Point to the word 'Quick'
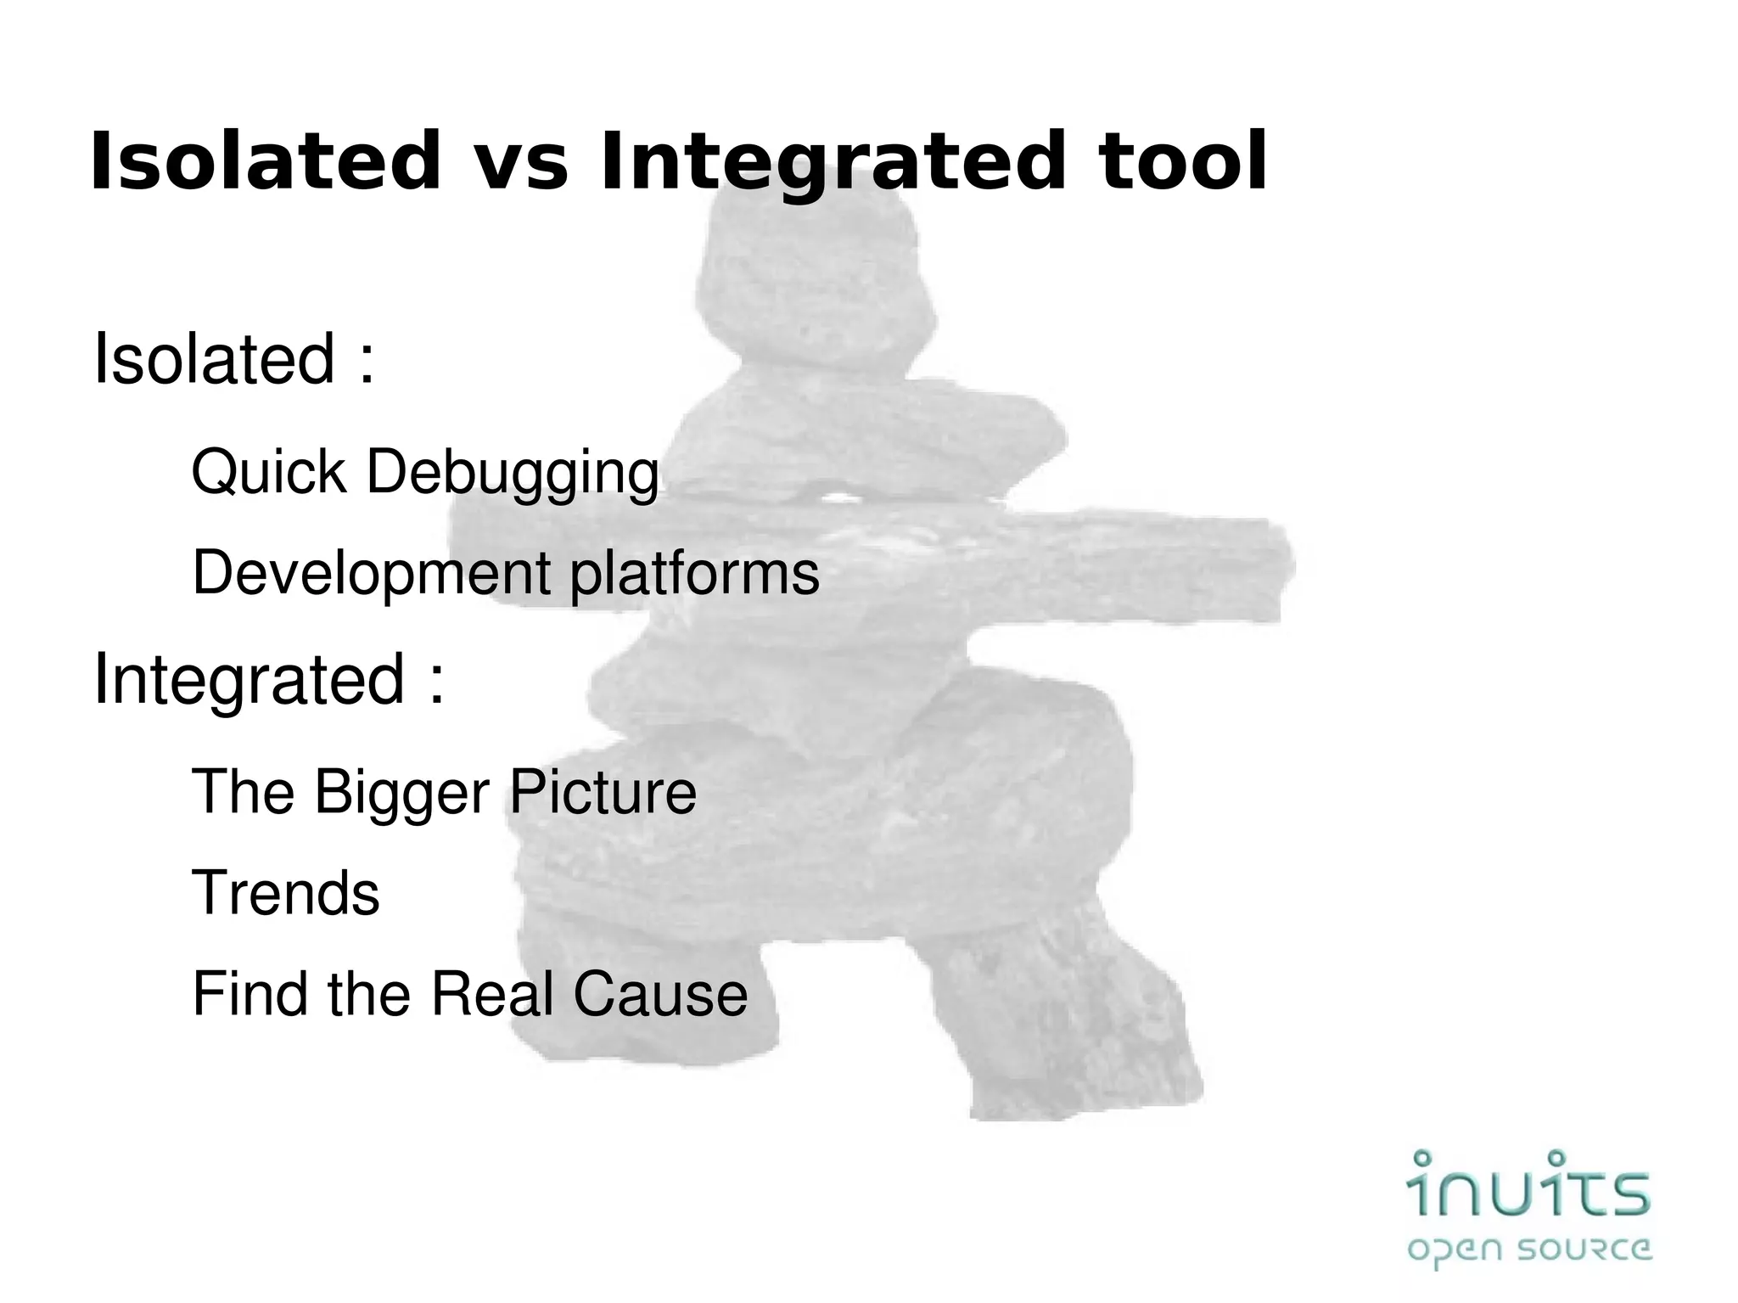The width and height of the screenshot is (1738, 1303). click(269, 472)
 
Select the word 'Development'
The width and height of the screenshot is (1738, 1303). click(371, 574)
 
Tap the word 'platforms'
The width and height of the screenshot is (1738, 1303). click(694, 574)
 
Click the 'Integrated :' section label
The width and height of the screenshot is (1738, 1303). click(268, 679)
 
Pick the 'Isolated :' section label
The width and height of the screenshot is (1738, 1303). click(233, 360)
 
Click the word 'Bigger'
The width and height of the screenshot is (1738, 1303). click(402, 793)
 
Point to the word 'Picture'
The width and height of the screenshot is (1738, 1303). click(602, 791)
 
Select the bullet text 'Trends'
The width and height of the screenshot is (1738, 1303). click(286, 893)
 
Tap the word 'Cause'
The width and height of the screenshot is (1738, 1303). click(660, 994)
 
